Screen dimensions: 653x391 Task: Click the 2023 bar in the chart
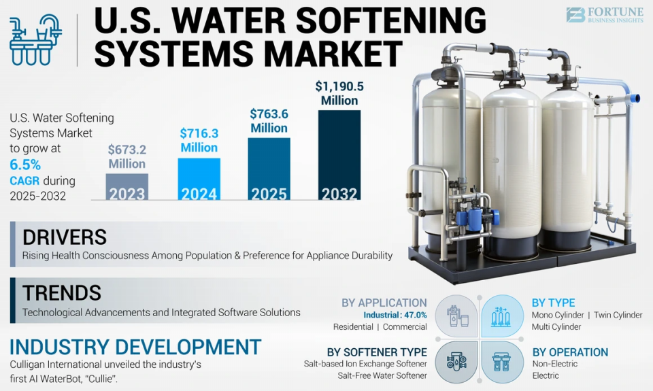tap(127, 186)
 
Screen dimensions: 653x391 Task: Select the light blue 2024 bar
tap(199, 179)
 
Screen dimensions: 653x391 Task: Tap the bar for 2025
tap(269, 169)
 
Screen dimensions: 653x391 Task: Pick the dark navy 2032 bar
tap(339, 155)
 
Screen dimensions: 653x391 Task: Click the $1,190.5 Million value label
tap(339, 93)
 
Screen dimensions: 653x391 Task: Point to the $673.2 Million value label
tap(127, 156)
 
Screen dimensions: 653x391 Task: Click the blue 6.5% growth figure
tap(25, 165)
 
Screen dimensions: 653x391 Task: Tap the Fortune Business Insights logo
tap(605, 14)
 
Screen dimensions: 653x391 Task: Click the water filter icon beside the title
tap(35, 40)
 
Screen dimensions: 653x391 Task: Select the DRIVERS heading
tap(65, 237)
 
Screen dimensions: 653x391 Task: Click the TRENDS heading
tap(62, 292)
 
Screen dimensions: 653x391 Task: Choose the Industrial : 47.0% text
tap(395, 315)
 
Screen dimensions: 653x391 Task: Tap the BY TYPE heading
tap(553, 303)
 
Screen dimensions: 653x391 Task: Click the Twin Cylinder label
tap(618, 316)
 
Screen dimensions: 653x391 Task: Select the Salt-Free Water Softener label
tap(382, 375)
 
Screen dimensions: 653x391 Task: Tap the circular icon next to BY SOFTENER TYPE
tap(457, 362)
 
